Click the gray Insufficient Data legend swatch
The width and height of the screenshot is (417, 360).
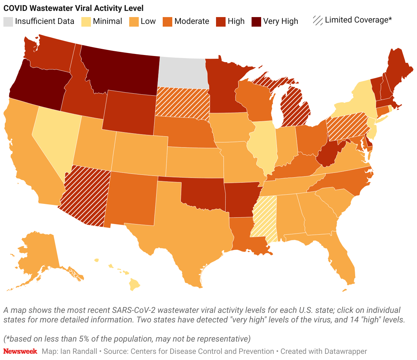8,21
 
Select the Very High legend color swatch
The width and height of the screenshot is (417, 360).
256,21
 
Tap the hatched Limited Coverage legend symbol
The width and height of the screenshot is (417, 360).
318,20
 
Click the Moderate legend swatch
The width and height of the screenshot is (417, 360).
167,21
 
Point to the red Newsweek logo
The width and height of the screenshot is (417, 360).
20,351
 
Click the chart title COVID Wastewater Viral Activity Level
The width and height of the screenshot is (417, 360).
73,8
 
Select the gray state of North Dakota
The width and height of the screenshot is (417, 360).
183,72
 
